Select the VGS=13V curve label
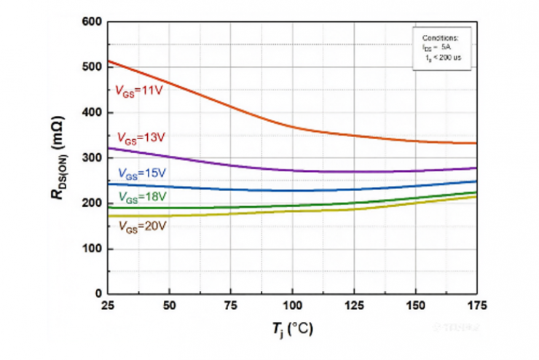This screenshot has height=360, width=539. [140, 138]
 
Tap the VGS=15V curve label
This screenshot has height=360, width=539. [140, 173]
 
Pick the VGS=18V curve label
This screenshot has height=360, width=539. [140, 197]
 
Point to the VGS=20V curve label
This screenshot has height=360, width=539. [140, 227]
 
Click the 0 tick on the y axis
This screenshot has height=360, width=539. [95, 294]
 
